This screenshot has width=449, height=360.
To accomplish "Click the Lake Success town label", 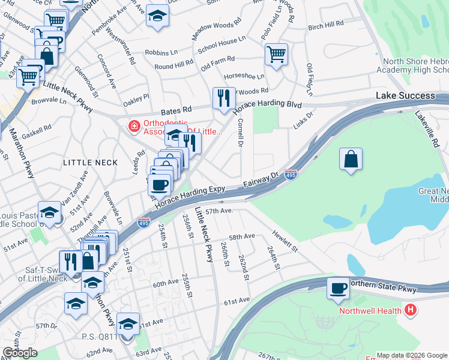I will tap(405, 96).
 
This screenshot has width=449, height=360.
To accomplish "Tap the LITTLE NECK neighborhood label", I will tap(85, 163).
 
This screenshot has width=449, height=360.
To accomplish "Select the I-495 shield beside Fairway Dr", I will tap(291, 173).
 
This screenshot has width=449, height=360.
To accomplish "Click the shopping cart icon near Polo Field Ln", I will tap(276, 55).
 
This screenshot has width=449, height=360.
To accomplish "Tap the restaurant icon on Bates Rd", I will tap(224, 98).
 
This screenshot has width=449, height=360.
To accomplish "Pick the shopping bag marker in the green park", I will tap(351, 160).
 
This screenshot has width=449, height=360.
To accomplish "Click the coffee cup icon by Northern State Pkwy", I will tap(338, 289).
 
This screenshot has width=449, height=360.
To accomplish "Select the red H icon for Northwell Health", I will tap(411, 310).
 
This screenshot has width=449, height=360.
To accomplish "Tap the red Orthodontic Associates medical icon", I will tap(133, 126).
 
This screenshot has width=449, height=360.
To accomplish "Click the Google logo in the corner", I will tap(20, 353).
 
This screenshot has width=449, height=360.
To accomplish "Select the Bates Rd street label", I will tap(175, 110).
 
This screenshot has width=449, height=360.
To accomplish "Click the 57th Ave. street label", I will tap(218, 211).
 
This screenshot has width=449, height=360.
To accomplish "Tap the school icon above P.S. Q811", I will tap(128, 324).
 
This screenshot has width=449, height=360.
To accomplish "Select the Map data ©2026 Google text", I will tap(412, 355).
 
